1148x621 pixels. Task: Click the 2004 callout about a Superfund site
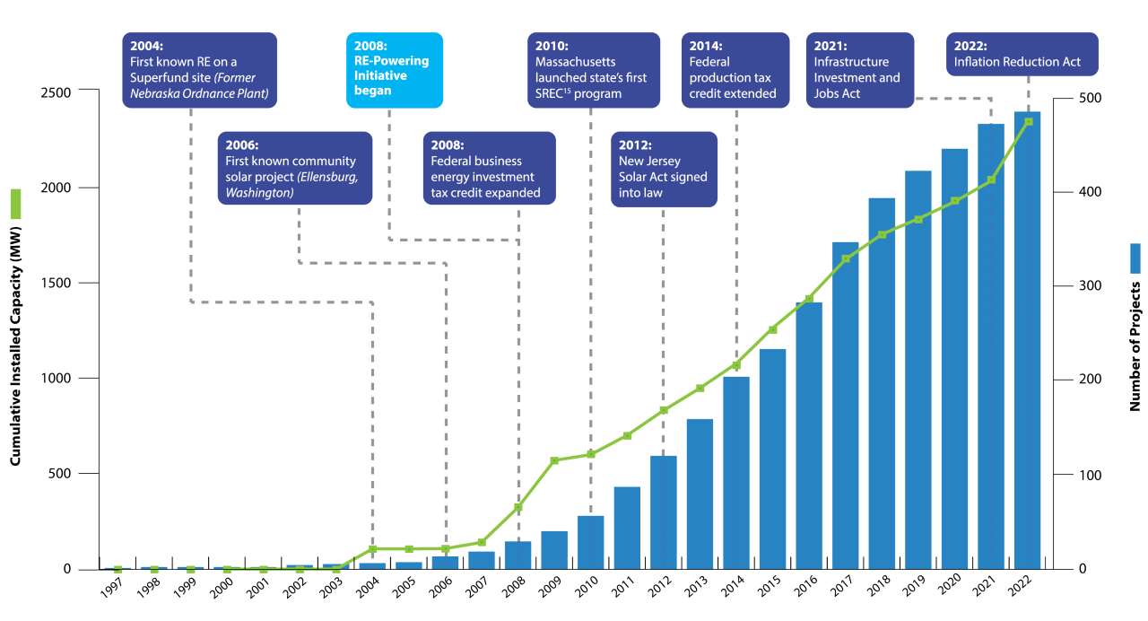(200, 70)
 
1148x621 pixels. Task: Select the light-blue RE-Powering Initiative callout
(395, 70)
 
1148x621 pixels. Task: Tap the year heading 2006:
(242, 144)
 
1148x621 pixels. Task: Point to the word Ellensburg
(327, 177)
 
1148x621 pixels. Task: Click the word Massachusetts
(575, 62)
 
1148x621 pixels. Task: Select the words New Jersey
(649, 161)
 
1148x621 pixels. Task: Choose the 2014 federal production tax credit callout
(735, 70)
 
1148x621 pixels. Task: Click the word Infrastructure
(851, 62)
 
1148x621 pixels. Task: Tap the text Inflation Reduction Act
(1017, 62)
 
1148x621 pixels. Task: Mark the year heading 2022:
(971, 46)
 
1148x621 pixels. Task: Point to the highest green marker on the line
(1028, 121)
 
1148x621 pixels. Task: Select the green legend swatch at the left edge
(15, 204)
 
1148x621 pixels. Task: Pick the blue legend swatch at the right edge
(1135, 258)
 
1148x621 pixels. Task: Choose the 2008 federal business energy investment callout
(489, 169)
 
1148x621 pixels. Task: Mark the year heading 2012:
(635, 144)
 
